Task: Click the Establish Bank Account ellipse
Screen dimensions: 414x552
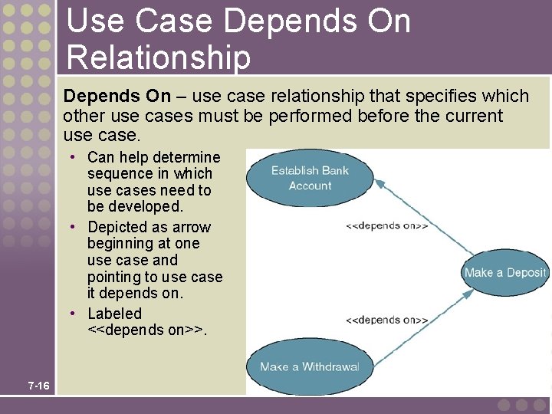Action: click(x=310, y=178)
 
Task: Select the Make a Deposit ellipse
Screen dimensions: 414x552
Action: click(x=505, y=273)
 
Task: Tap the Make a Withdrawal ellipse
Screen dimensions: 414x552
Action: click(x=309, y=366)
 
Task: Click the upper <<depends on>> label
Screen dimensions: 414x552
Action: click(x=387, y=225)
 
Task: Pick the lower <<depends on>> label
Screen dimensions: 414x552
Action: click(x=387, y=320)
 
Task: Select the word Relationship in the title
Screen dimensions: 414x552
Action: click(x=159, y=57)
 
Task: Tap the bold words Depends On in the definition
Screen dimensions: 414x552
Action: click(x=117, y=96)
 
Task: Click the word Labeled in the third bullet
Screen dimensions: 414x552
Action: click(x=115, y=314)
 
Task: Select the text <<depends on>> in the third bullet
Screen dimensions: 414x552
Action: click(x=146, y=330)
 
